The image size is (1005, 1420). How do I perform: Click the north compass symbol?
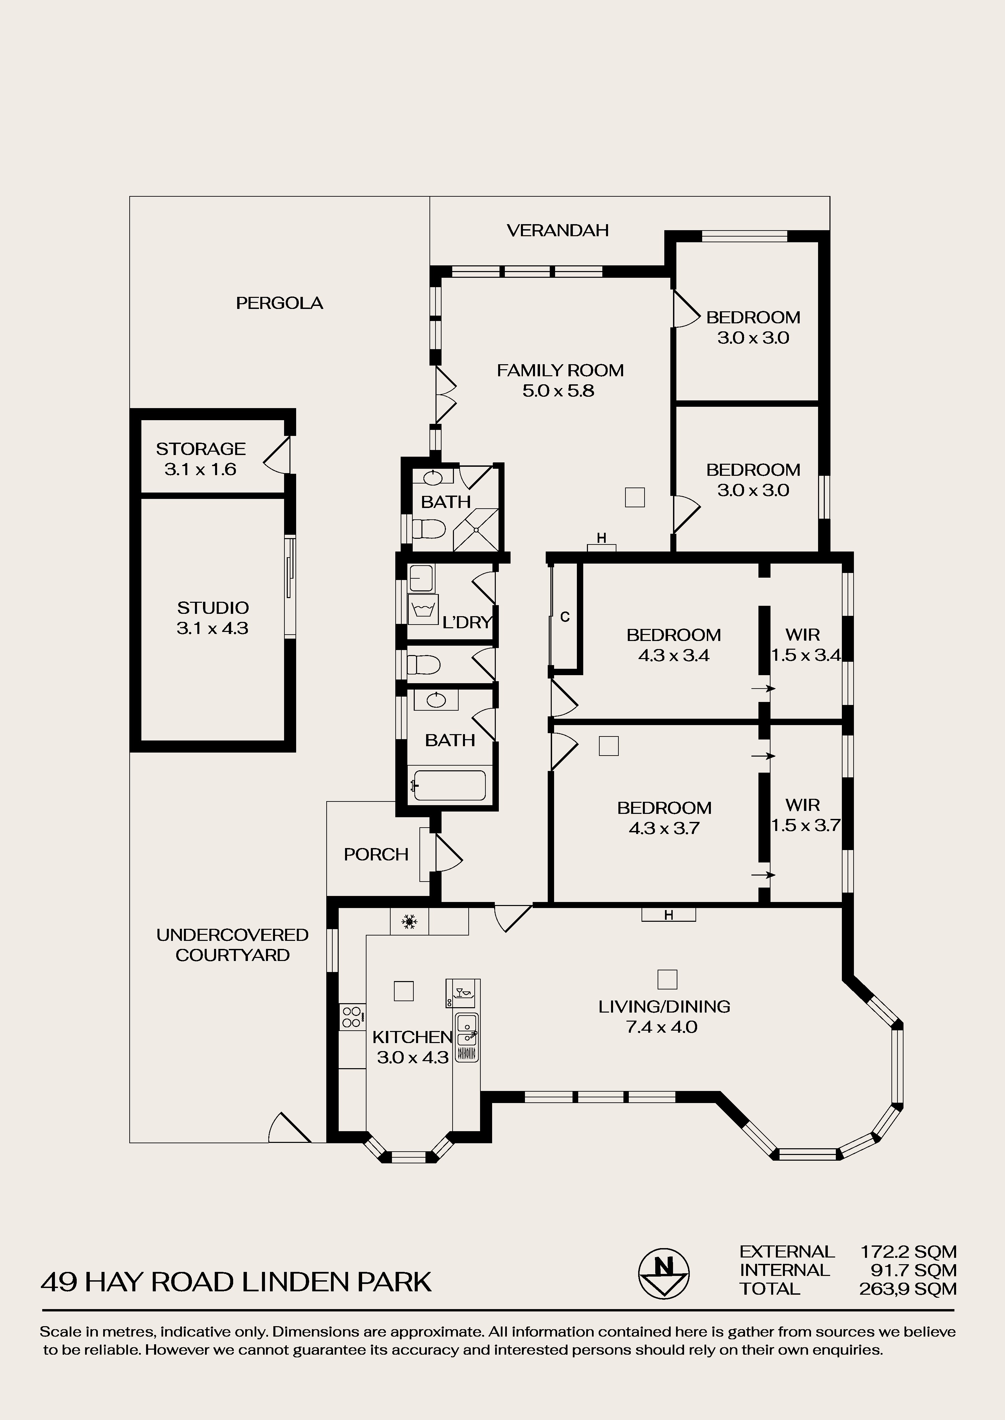[664, 1273]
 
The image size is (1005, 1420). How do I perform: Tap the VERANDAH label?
[557, 230]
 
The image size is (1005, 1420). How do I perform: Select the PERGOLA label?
[280, 303]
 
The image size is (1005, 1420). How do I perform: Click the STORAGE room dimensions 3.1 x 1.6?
[201, 469]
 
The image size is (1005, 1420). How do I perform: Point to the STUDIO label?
[213, 608]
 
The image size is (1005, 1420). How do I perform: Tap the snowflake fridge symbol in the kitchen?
[408, 922]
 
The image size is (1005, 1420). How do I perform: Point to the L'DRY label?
[467, 622]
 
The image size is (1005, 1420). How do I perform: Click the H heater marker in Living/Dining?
[668, 915]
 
